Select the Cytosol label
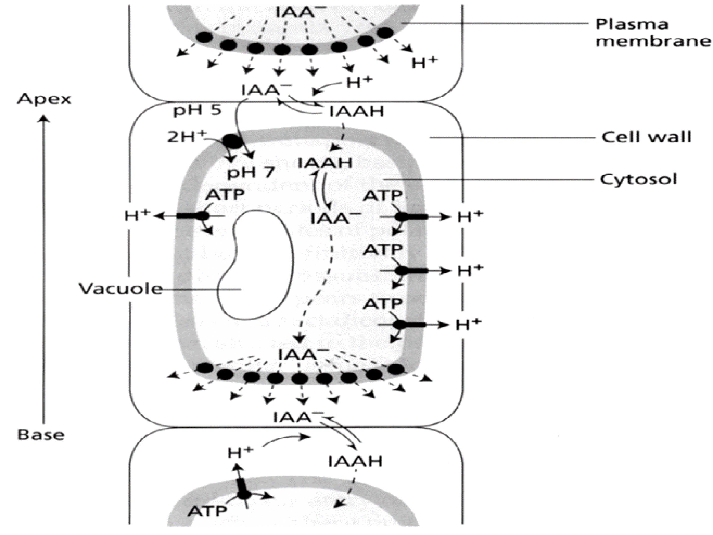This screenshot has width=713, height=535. (x=638, y=179)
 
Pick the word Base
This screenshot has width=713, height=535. (x=41, y=435)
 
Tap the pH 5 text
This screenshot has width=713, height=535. (x=197, y=111)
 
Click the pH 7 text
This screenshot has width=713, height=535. (x=251, y=173)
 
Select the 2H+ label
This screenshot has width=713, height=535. (x=186, y=137)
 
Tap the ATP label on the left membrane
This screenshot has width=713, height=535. (x=225, y=194)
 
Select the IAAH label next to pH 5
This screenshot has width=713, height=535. (x=356, y=111)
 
